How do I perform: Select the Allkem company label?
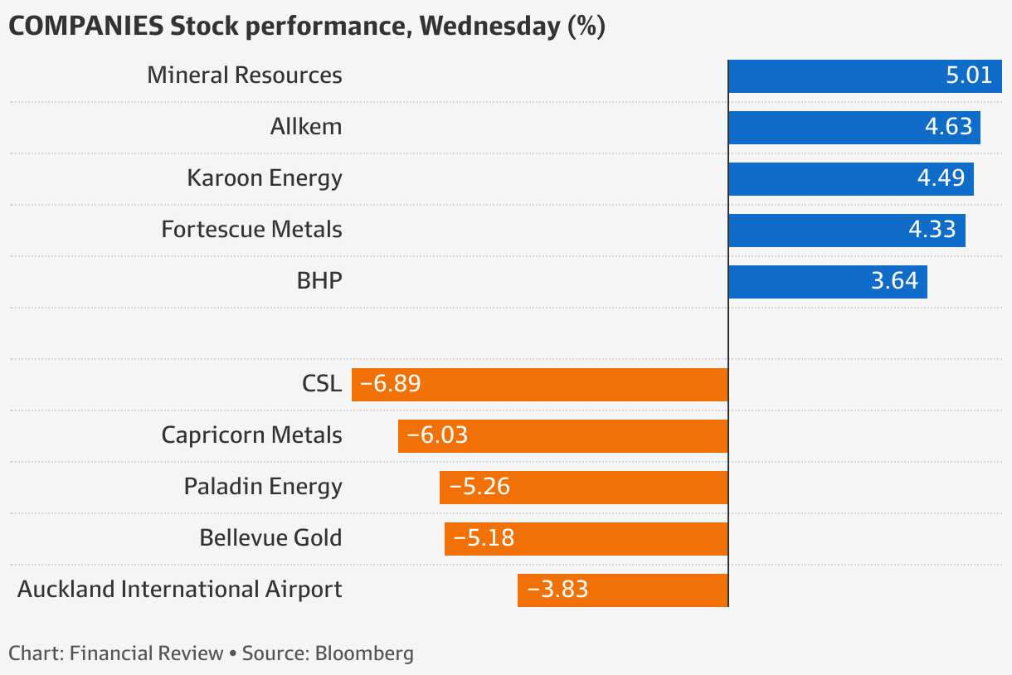[x=305, y=127]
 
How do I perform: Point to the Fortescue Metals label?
[x=251, y=229]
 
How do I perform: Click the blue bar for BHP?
[x=796, y=281]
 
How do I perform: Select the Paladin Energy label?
[x=263, y=486]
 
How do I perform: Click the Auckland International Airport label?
[x=179, y=589]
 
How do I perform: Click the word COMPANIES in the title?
[x=85, y=27]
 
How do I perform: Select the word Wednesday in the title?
[x=489, y=27]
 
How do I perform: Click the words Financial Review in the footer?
[x=147, y=653]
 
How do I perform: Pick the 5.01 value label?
[x=969, y=76]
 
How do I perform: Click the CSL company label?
[x=322, y=384]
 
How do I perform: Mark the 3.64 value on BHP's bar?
[x=894, y=281]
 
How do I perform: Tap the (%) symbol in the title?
[x=586, y=27]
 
